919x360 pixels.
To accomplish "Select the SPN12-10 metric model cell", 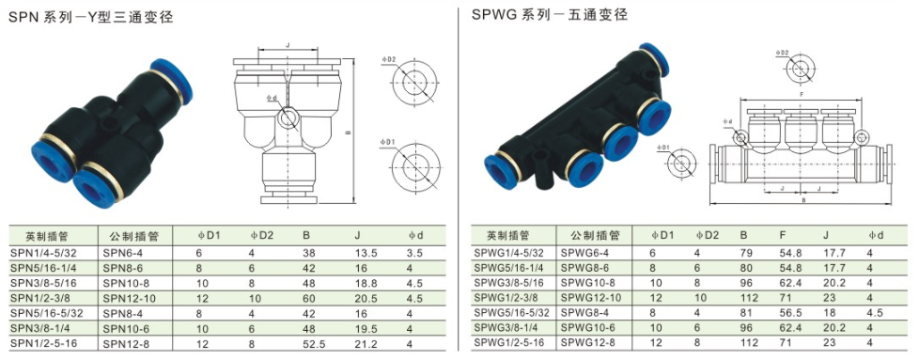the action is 126,299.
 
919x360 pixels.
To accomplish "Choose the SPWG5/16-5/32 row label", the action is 512,312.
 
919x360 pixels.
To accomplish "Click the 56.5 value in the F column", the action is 790,312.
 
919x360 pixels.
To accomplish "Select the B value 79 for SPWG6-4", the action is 745,253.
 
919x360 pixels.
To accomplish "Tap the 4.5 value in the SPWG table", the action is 875,312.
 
